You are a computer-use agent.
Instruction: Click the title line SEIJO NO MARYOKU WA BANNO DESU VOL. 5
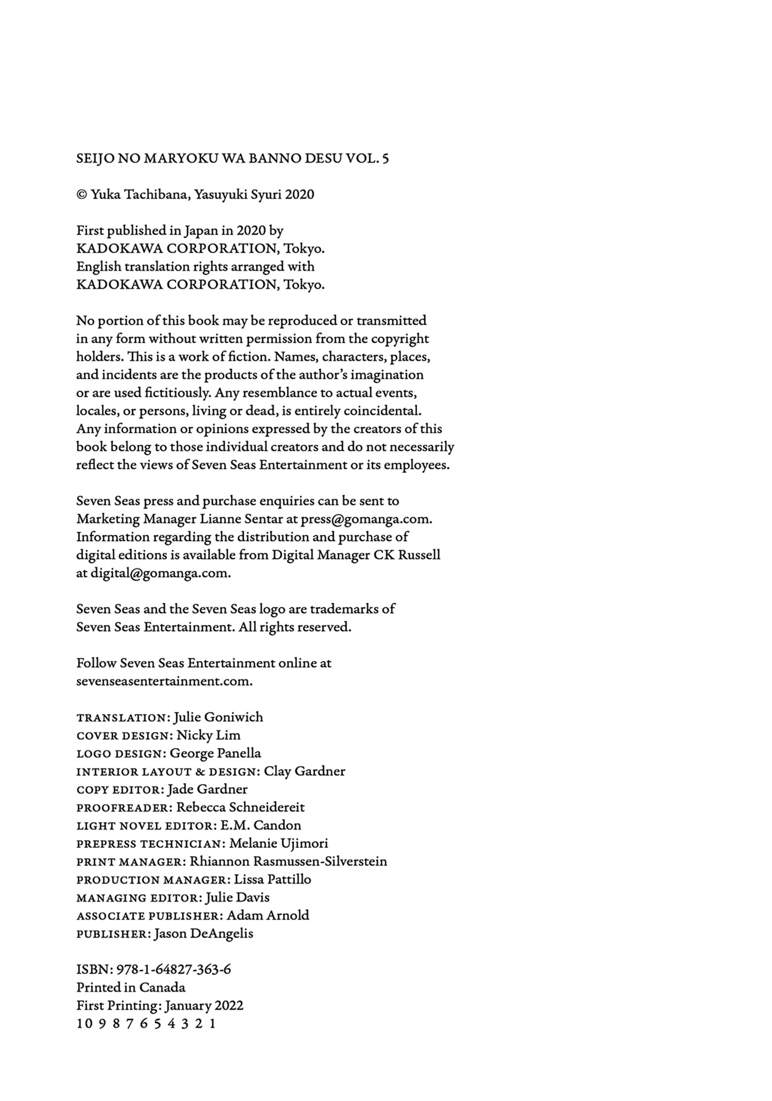232,159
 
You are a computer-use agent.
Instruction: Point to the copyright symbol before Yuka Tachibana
81,195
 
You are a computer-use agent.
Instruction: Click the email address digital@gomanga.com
160,573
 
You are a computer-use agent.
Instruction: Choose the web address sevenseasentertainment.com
164,681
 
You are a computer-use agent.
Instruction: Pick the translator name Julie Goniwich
218,717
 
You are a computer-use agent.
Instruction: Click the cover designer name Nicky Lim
208,735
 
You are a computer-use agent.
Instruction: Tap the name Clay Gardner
304,771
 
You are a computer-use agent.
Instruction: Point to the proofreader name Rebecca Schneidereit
240,808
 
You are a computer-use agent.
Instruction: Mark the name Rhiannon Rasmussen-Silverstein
288,862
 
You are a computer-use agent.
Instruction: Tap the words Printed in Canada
130,988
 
